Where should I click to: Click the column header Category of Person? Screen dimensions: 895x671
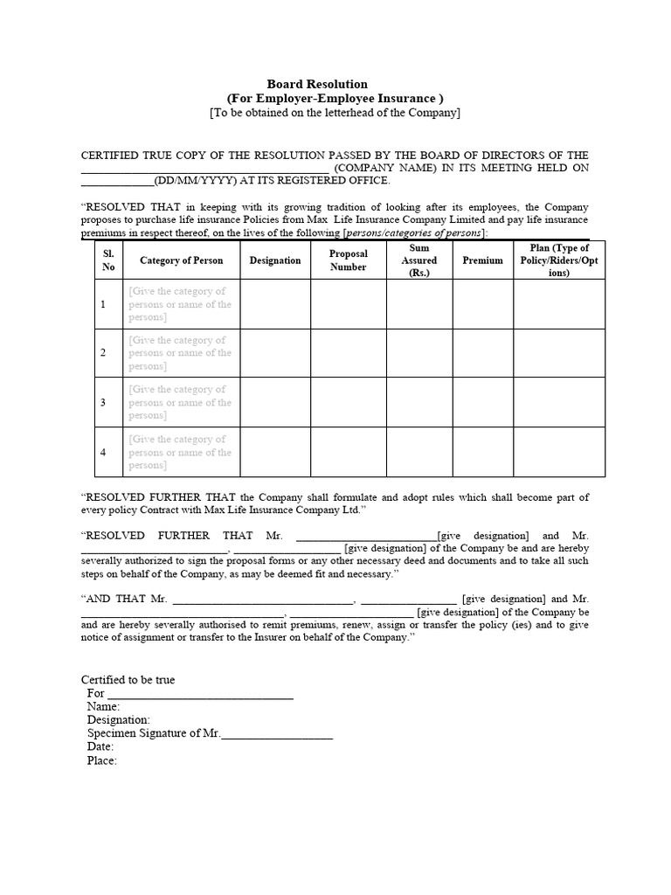[181, 260]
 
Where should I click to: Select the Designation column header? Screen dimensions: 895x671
[274, 260]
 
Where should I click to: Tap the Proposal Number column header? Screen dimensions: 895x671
[348, 260]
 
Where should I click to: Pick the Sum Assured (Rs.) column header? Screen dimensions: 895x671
[419, 260]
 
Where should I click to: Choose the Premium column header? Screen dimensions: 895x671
[482, 260]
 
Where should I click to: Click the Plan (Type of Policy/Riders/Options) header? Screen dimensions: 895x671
[558, 260]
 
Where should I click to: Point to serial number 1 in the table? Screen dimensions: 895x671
[103, 304]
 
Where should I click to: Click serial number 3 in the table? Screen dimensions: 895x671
[103, 403]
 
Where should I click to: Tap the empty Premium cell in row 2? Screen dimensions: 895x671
[482, 353]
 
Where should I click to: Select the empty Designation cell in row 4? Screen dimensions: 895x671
[274, 452]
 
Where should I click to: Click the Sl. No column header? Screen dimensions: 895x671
[108, 260]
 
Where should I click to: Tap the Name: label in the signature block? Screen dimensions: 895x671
[103, 706]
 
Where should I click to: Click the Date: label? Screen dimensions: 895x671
[100, 747]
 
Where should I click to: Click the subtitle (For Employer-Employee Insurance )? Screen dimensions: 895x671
[335, 99]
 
